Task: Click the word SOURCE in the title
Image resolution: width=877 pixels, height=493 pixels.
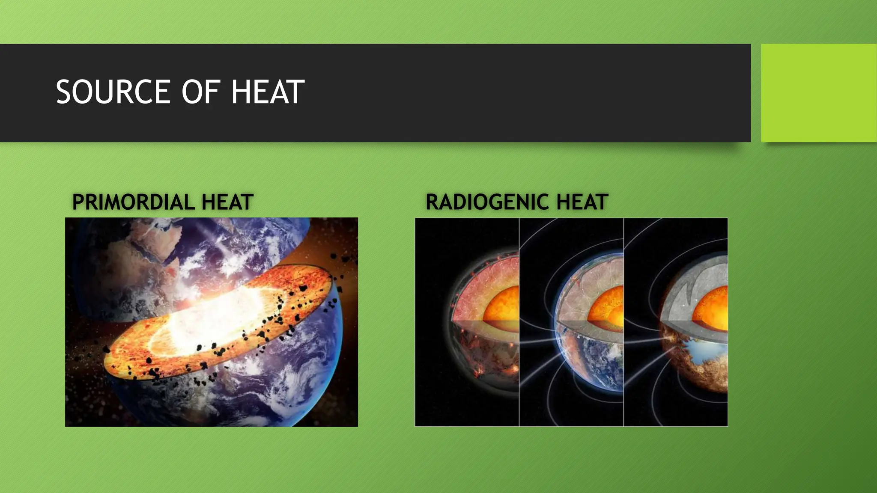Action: [x=113, y=92]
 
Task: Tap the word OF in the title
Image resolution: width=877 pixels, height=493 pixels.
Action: [x=199, y=92]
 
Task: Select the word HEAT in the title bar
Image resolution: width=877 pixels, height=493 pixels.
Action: [x=267, y=92]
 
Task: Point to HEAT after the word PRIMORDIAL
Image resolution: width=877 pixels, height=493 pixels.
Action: [x=227, y=202]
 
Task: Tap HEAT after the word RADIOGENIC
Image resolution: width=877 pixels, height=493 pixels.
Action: [x=582, y=202]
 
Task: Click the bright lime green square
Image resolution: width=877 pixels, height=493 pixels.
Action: [x=819, y=93]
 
